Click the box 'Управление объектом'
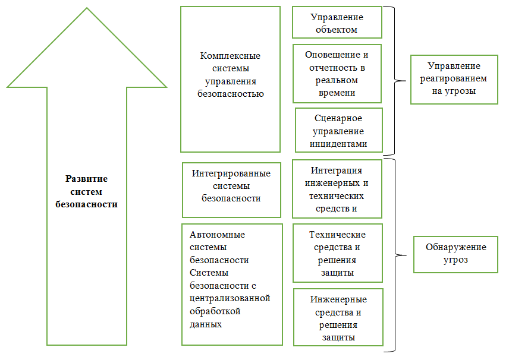(x=337, y=23)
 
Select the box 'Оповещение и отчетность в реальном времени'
(x=337, y=73)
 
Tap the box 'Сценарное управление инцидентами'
(x=338, y=130)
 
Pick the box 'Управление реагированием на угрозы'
(x=454, y=79)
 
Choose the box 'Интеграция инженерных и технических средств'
(x=337, y=188)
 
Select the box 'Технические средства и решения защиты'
(x=337, y=253)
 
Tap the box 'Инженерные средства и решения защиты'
(x=338, y=317)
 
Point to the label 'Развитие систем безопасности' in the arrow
(x=86, y=191)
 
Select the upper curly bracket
(x=393, y=80)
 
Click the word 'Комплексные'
(x=231, y=56)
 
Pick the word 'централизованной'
(x=230, y=298)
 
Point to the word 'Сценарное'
(x=338, y=118)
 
